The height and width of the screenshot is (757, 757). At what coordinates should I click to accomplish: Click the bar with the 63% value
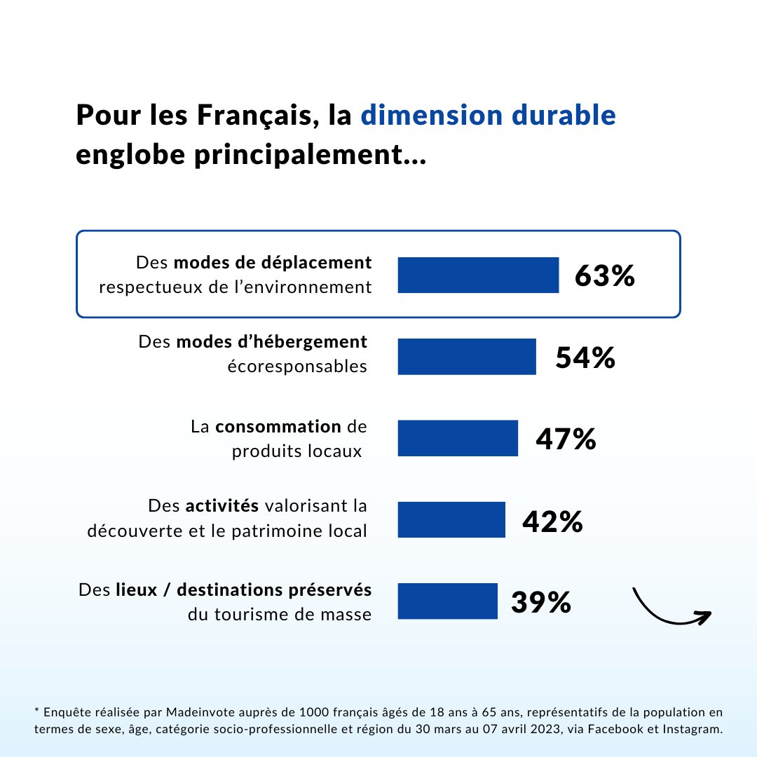point(478,275)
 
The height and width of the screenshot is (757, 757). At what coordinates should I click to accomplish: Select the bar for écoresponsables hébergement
point(467,357)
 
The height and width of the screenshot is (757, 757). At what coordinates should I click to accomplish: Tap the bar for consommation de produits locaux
point(458,438)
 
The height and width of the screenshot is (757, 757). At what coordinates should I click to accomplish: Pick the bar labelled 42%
point(451,519)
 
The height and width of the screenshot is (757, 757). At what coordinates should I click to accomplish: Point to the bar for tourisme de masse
point(447,601)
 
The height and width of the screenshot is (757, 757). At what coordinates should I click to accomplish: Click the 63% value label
point(604,275)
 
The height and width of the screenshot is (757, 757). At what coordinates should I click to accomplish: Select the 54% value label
point(585,357)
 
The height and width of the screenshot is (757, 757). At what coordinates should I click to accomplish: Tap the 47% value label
point(566,439)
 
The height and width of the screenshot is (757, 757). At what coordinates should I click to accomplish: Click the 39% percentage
point(540,602)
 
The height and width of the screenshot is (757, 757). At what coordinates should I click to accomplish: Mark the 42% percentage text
point(552,521)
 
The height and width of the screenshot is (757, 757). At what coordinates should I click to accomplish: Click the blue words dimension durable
point(488,115)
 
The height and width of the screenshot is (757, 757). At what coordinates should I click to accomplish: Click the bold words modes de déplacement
point(273,263)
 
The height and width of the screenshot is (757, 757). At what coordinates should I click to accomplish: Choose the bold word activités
point(222,505)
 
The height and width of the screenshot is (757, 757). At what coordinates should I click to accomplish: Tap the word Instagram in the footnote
point(693,730)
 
